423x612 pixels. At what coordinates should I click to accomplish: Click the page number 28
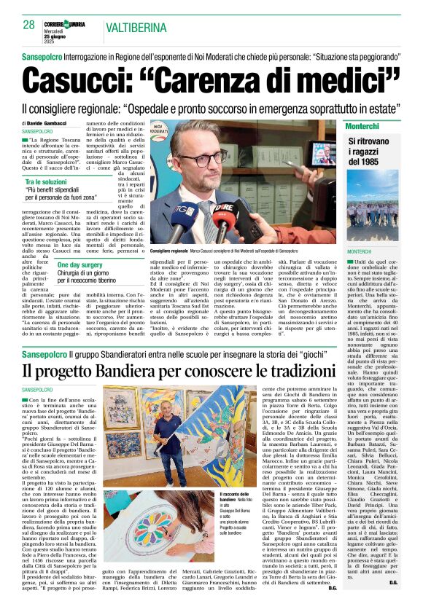(28, 25)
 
